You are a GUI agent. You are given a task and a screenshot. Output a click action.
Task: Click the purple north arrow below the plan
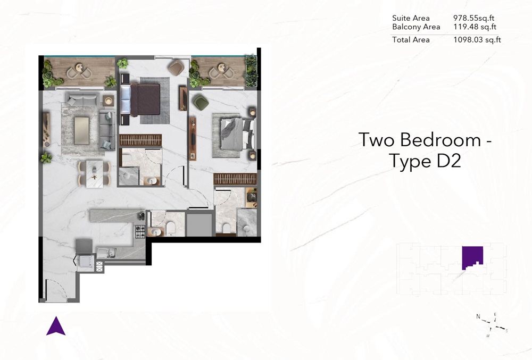click(x=55, y=326)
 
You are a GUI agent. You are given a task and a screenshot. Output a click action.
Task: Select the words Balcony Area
click(x=416, y=27)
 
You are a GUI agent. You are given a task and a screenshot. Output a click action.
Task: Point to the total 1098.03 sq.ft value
click(x=477, y=40)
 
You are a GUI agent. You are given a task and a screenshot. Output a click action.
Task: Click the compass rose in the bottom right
click(x=494, y=323)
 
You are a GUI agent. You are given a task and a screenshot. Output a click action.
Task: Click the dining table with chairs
click(x=95, y=173)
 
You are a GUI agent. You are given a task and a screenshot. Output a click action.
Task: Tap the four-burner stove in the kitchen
click(x=140, y=231)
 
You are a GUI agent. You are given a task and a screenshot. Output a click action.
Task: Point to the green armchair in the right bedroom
click(x=201, y=102)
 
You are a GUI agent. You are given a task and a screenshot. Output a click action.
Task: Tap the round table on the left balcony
click(x=80, y=68)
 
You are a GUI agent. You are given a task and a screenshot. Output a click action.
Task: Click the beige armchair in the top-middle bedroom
click(x=176, y=66)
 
